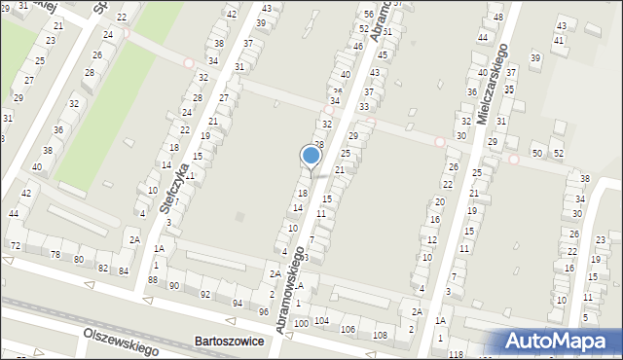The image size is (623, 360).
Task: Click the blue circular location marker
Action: tap(311, 156)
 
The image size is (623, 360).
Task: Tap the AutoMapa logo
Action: tap(560, 341)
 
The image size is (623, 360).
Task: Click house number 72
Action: tap(15, 246)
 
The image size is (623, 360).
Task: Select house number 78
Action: tap(55, 255)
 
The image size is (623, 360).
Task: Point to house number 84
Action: tap(124, 270)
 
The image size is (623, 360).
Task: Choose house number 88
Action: tap(153, 279)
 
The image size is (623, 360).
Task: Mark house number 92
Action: tap(205, 294)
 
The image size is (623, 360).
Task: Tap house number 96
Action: tap(264, 311)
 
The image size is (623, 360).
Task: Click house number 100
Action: tap(301, 322)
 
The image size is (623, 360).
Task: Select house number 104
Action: tap(321, 320)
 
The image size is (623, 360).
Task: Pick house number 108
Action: tap(380, 335)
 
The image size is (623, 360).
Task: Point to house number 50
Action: tap(537, 154)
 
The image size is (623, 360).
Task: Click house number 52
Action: tap(558, 154)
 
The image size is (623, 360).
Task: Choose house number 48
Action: tap(497, 18)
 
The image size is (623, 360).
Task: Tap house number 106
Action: tap(348, 329)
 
